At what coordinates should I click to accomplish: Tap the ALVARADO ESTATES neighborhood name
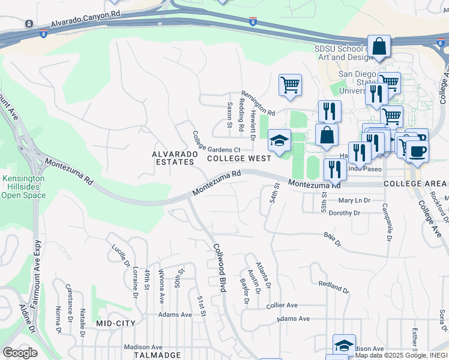[x=175, y=158]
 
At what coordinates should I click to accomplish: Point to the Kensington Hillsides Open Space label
[x=23, y=187]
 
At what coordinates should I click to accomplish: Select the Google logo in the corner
[x=20, y=353]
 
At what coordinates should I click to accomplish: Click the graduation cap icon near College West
[x=279, y=141]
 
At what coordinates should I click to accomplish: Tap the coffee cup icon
[x=418, y=150]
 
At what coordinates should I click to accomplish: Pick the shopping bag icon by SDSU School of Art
[x=379, y=46]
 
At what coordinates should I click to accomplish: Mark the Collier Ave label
[x=282, y=305]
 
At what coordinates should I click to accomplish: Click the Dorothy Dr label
[x=345, y=213]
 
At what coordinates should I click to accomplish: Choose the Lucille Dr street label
[x=119, y=254]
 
